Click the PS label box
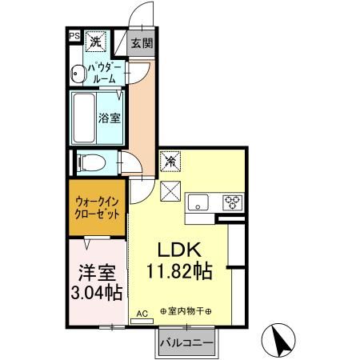(74, 36)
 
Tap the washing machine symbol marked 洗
(95, 40)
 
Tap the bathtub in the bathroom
(85, 116)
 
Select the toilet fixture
(90, 162)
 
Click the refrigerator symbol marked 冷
(170, 162)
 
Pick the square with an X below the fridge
(170, 192)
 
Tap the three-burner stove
(232, 202)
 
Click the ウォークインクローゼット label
(97, 210)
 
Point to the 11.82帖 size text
(180, 271)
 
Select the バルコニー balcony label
(185, 342)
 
